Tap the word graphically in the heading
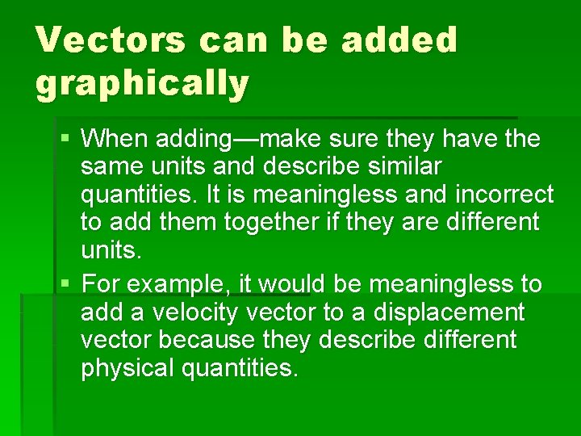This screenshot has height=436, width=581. (x=142, y=83)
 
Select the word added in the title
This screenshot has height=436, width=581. (x=399, y=40)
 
